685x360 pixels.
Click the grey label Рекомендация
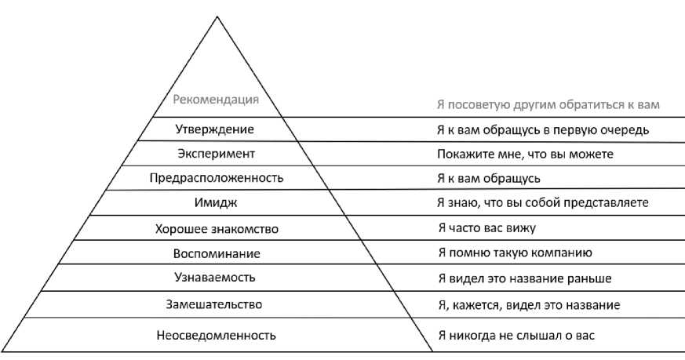pyautogui.click(x=216, y=100)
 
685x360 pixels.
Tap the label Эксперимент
pyautogui.click(x=216, y=153)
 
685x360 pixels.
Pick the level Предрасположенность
pyautogui.click(x=216, y=178)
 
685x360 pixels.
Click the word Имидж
pyautogui.click(x=216, y=202)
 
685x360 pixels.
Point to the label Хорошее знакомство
pyautogui.click(x=216, y=228)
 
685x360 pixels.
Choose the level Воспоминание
pyautogui.click(x=216, y=253)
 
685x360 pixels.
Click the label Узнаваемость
pyautogui.click(x=216, y=278)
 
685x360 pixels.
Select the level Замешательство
pyautogui.click(x=216, y=304)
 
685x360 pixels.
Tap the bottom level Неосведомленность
pyautogui.click(x=216, y=336)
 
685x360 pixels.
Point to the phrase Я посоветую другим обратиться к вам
pyautogui.click(x=548, y=105)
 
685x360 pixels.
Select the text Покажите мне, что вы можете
pyautogui.click(x=525, y=154)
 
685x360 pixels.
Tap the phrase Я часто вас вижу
pyautogui.click(x=486, y=228)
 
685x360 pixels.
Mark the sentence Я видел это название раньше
pyautogui.click(x=524, y=278)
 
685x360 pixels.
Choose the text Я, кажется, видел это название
pyautogui.click(x=529, y=304)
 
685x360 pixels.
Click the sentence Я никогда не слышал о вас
pyautogui.click(x=516, y=336)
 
